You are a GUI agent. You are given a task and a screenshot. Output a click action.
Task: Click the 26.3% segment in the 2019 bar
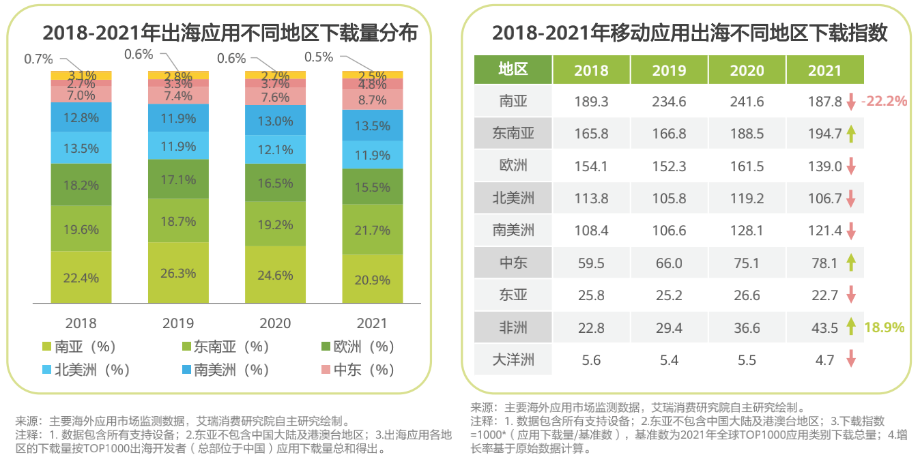(178, 273)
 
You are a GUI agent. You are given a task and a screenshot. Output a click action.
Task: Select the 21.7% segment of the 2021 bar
(373, 231)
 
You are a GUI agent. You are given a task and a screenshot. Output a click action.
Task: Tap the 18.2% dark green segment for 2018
(81, 185)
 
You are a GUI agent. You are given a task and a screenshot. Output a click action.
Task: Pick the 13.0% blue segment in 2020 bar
(276, 121)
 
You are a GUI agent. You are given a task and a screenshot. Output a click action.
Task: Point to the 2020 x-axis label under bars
(275, 323)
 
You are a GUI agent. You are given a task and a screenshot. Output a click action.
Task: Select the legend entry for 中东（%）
(357, 370)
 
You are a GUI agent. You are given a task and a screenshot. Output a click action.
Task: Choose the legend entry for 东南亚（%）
(225, 347)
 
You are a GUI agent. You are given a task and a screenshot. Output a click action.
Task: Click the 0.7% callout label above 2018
(38, 59)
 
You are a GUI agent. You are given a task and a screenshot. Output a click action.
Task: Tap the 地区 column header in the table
(513, 70)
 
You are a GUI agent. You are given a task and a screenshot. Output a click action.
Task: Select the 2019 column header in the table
(669, 70)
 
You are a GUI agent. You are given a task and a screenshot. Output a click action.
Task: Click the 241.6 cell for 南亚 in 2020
(747, 102)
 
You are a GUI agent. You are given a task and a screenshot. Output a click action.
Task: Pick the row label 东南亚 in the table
(513, 134)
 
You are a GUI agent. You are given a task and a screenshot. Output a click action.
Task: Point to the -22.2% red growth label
(884, 102)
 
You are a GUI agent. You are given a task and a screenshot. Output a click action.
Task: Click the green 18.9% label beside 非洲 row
(885, 327)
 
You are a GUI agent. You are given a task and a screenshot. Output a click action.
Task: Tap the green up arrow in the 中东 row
(850, 263)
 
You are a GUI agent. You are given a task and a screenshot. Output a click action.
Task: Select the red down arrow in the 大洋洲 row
(850, 359)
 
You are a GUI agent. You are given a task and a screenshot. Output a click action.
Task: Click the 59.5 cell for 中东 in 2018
(591, 263)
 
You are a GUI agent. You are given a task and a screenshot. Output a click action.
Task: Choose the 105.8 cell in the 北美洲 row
(669, 199)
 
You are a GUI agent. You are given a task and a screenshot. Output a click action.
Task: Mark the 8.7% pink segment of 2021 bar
(373, 100)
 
